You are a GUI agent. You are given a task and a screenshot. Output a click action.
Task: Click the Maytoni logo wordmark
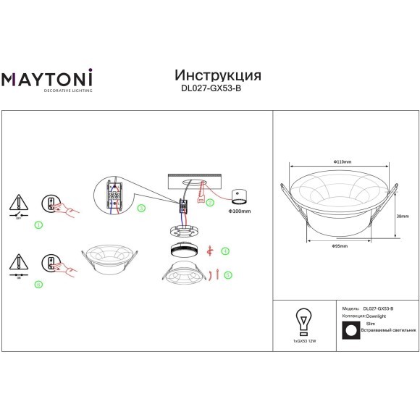tap(44, 79)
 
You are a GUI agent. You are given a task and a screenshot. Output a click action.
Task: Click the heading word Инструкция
tap(218, 75)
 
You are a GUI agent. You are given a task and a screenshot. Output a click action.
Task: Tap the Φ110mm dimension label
tap(342, 161)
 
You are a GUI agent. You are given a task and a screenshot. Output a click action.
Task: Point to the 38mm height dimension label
tap(403, 215)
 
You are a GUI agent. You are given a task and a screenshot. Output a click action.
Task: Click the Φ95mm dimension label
tap(340, 246)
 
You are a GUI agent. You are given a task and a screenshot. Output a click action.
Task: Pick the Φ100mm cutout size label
tap(239, 211)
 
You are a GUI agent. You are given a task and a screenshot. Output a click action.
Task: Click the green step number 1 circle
tap(39, 225)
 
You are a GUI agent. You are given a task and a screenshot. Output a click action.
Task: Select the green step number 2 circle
tap(210, 203)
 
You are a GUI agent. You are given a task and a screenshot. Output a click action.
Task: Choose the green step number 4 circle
tap(226, 251)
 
